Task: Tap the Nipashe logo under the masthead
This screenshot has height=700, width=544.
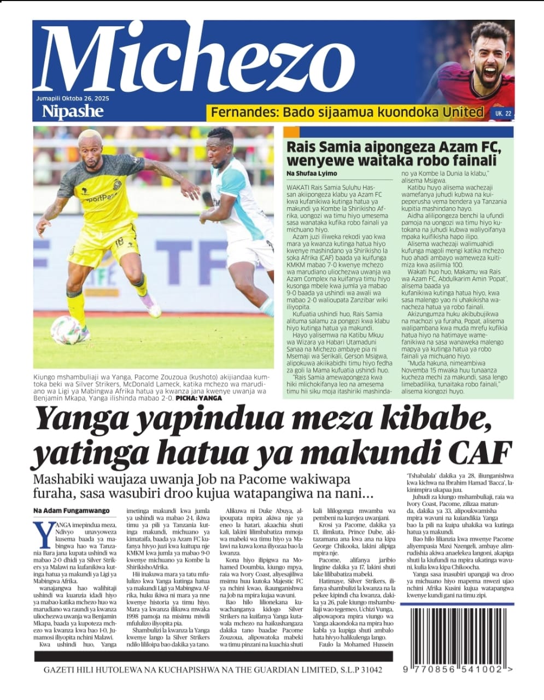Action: [x=73, y=112]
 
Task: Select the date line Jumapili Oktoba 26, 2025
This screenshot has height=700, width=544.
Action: [x=69, y=98]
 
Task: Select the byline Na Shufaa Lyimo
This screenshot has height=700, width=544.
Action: [x=312, y=173]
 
